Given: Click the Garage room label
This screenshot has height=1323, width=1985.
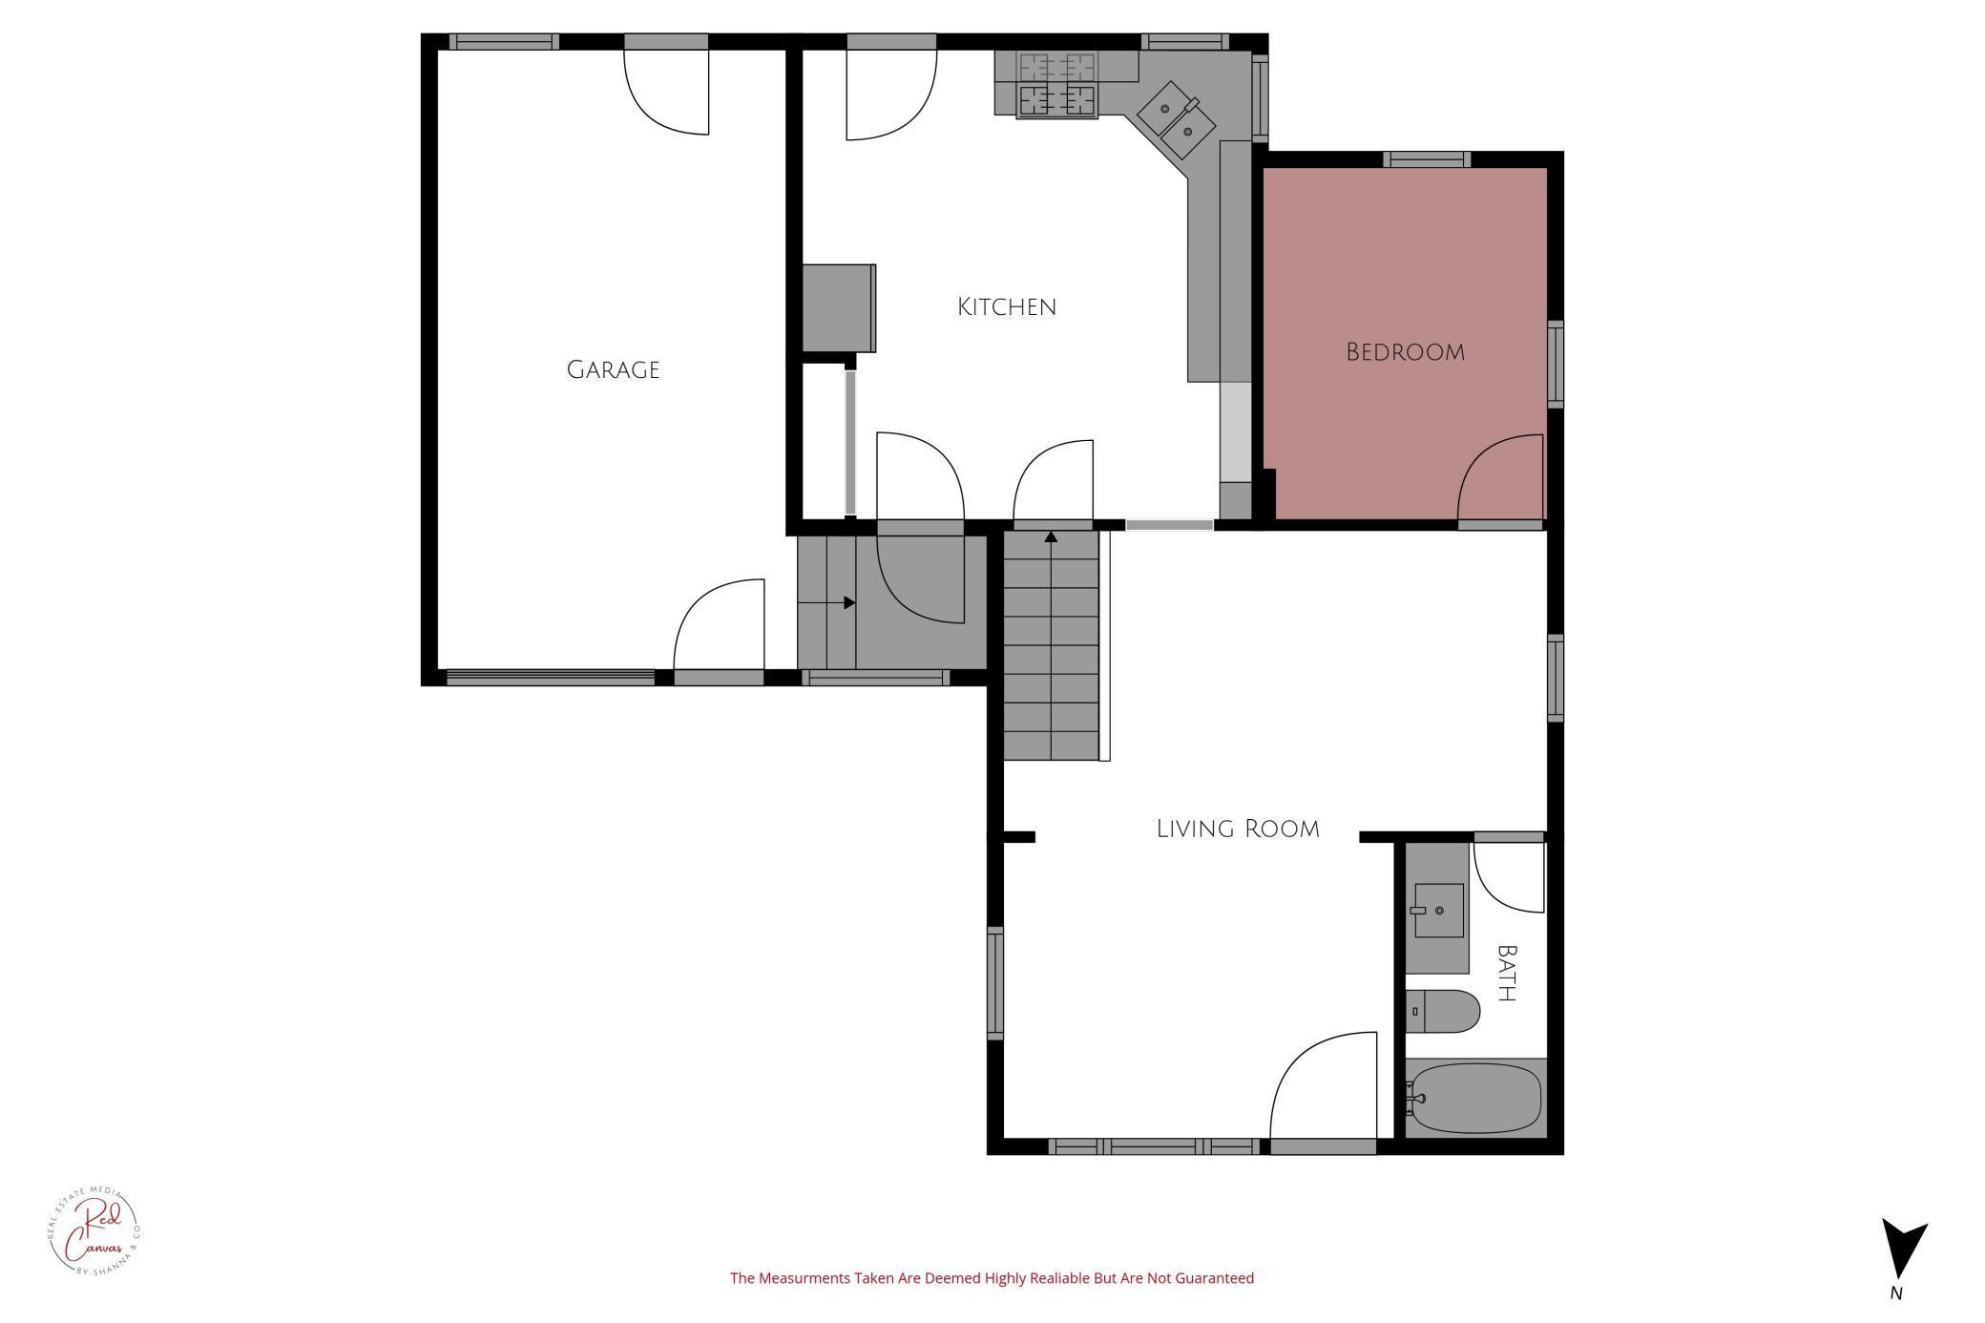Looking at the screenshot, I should pyautogui.click(x=613, y=369).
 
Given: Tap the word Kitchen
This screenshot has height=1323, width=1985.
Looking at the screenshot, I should pyautogui.click(x=1007, y=306).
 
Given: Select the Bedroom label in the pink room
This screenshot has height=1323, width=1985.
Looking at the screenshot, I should pyautogui.click(x=1405, y=352).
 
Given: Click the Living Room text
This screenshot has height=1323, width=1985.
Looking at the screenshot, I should pyautogui.click(x=1238, y=829).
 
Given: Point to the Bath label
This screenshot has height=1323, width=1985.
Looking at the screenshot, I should pyautogui.click(x=1507, y=973).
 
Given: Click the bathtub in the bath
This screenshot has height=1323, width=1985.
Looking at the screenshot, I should pyautogui.click(x=1475, y=1098).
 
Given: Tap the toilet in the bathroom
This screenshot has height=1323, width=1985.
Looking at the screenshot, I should pyautogui.click(x=1444, y=1011).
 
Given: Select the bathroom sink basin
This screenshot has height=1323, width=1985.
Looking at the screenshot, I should pyautogui.click(x=1438, y=910).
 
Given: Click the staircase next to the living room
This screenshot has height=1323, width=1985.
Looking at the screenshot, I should pyautogui.click(x=1051, y=649).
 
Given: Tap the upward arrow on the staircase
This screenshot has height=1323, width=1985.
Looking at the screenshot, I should pyautogui.click(x=1051, y=537).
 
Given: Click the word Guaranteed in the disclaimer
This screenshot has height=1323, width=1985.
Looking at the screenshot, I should pyautogui.click(x=1216, y=1278).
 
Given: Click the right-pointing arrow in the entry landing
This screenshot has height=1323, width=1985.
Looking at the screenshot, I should pyautogui.click(x=848, y=602).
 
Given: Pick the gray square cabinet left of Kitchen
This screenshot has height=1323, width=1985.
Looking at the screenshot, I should pyautogui.click(x=838, y=308).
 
